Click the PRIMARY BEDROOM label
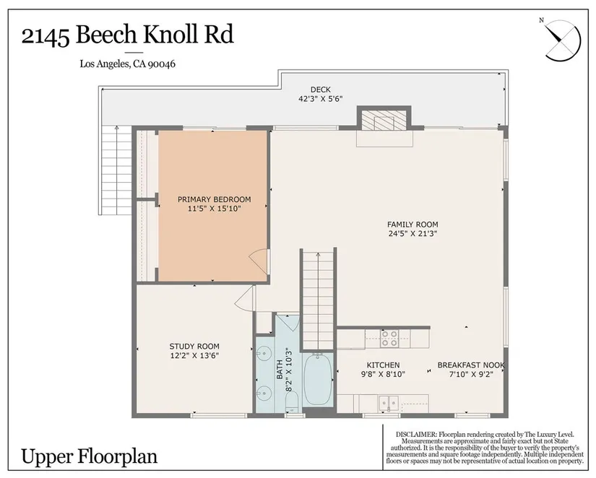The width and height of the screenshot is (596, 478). pos(214,199)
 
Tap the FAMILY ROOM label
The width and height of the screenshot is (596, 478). pos(413,225)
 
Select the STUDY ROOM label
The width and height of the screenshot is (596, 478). pos(194,347)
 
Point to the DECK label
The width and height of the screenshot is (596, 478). pos(321,90)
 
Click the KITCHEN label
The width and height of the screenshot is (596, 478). pos(383,365)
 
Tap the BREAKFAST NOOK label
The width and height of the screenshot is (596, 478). pos(471,365)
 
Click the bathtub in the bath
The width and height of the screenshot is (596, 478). pos(318,380)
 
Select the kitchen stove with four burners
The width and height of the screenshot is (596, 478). pos(389,338)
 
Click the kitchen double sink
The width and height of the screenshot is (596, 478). pos(389,404)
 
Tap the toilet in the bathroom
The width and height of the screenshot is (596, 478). pos(292,402)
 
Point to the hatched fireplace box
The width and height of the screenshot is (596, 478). pos(384,121)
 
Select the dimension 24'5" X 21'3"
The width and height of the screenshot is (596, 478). pos(413,234)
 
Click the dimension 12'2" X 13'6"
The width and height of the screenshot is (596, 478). pos(194,356)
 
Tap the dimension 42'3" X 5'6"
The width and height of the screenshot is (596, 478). pos(321,99)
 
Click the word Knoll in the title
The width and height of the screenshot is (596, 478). pos(170,35)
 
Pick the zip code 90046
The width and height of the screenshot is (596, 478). pos(161,64)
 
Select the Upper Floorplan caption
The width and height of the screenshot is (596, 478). pos(90,456)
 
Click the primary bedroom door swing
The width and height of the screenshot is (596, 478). pos(259,260)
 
